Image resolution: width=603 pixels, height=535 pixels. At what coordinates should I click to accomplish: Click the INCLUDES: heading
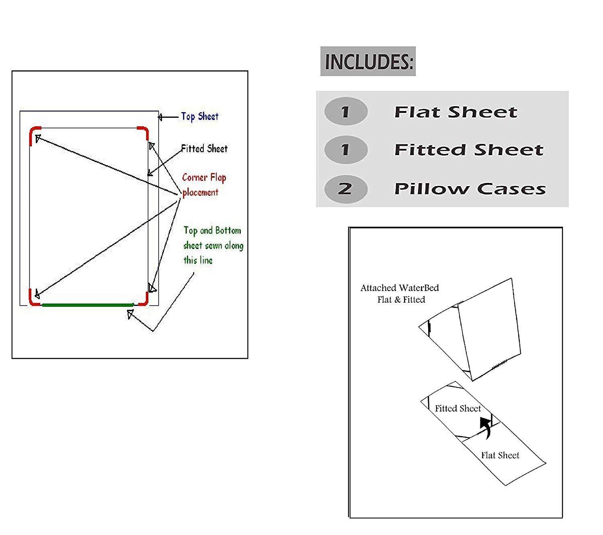click(368, 61)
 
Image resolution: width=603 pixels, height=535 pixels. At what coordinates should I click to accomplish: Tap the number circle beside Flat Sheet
click(346, 111)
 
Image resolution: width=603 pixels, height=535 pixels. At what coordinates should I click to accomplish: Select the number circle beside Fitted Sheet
click(346, 150)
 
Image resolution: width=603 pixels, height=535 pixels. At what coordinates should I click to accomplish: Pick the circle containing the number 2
click(346, 188)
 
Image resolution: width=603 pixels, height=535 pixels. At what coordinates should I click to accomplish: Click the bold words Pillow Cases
click(470, 189)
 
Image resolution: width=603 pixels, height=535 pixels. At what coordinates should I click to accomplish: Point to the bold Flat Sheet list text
click(455, 112)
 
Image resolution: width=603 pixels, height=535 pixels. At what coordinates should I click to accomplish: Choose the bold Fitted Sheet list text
click(469, 150)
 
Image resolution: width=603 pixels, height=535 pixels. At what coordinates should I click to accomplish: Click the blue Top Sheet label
click(199, 117)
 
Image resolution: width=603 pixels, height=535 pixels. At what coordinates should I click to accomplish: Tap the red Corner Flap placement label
click(204, 184)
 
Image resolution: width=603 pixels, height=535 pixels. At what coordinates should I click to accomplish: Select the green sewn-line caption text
click(213, 245)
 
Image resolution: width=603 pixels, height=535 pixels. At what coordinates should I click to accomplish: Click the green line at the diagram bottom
click(88, 305)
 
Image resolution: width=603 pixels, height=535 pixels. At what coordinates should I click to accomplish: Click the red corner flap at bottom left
click(33, 299)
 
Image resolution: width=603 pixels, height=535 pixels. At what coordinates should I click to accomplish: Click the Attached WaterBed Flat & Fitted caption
click(400, 293)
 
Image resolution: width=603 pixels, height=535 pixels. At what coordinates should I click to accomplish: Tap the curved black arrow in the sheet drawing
click(487, 427)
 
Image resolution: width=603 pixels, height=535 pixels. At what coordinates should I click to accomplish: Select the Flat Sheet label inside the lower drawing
click(500, 455)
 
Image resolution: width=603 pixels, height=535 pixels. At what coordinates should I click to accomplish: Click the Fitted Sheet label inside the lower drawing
click(458, 408)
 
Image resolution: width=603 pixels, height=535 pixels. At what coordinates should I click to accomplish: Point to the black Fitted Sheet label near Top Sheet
click(204, 149)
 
